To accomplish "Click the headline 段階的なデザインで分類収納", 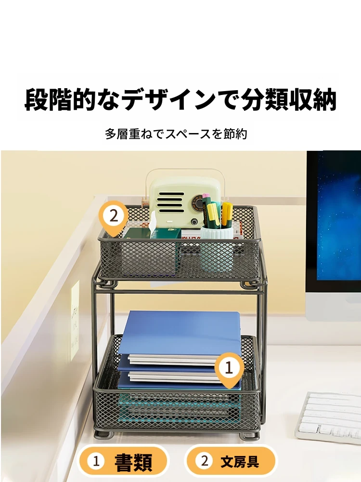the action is point(180,100).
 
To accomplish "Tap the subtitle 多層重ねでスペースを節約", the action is point(176,134).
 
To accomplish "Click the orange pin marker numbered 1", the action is point(229,370).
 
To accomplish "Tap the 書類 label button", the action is point(123,461).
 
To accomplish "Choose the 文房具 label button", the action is point(231,461).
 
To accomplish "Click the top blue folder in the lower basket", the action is point(179,333).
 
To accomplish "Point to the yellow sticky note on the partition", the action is point(75,321).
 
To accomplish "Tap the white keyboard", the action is point(329,416).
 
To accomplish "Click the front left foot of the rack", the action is point(104,434).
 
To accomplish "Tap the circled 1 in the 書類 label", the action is point(96,461).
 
